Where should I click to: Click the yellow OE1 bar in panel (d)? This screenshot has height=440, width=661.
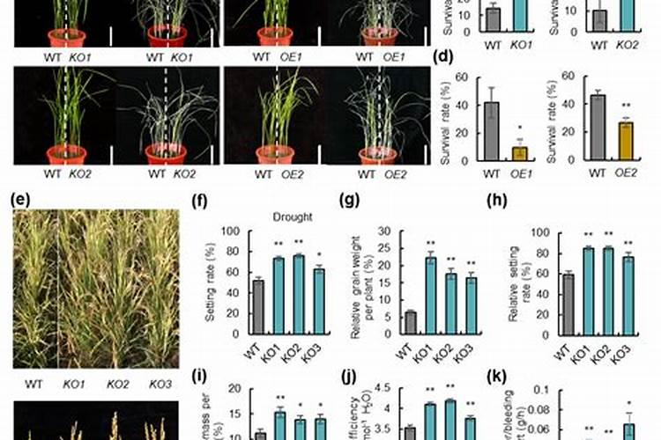coord(495,153)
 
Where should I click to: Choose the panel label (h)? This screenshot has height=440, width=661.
coord(496,199)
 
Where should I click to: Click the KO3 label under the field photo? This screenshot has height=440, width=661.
coord(160,384)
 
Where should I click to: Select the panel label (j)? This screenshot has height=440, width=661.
coord(350,378)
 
